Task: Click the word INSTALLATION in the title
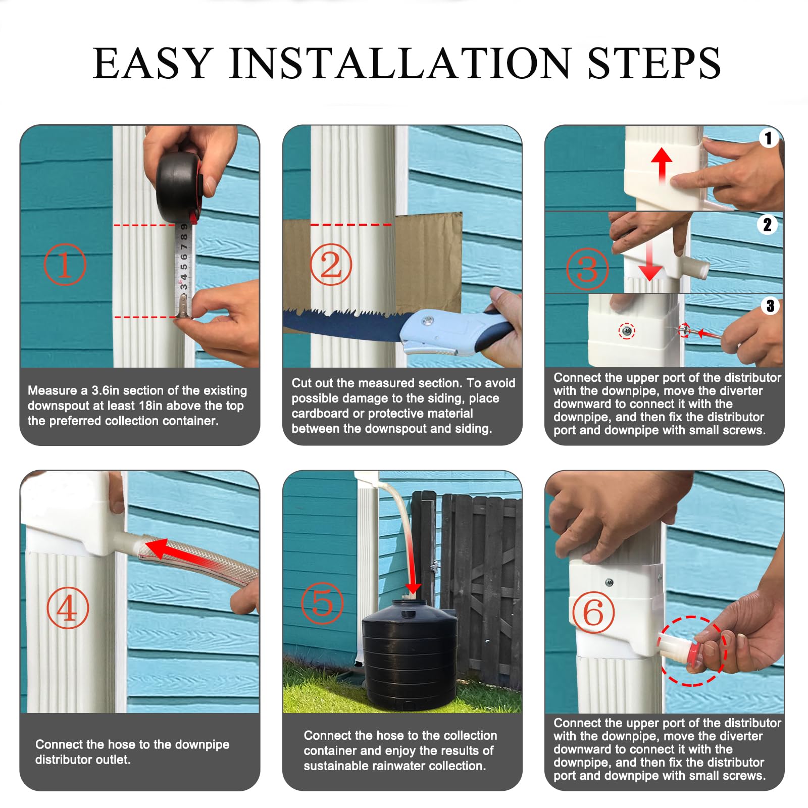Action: coord(400,63)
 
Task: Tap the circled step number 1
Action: coord(65,264)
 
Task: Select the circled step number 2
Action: coord(331,264)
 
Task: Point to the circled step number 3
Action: coord(587,269)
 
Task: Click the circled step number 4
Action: coord(68,608)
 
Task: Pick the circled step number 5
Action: coord(322,603)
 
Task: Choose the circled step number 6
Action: coord(593,613)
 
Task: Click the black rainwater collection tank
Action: coord(410,654)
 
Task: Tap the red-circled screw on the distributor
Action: coord(627,331)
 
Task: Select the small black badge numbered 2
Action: coord(767,224)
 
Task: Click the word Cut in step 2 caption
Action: coord(302,383)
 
